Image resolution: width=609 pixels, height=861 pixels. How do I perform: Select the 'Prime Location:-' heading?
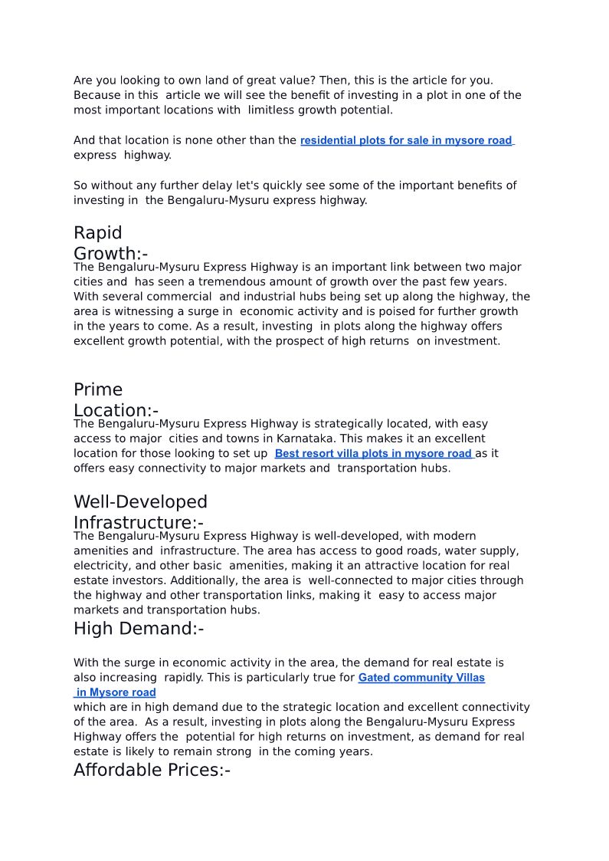(x=116, y=399)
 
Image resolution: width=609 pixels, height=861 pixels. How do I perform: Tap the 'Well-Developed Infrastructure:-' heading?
(x=140, y=512)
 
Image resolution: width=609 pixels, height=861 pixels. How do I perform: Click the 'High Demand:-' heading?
(x=139, y=629)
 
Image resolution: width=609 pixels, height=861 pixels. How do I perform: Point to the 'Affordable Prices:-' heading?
(x=152, y=770)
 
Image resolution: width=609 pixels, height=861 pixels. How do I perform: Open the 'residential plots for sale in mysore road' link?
(x=406, y=140)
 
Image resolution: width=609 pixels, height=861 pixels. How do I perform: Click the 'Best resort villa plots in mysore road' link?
(x=374, y=453)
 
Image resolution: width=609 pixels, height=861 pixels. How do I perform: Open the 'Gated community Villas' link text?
(x=421, y=678)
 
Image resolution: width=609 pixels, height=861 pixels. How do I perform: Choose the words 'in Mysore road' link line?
(x=116, y=692)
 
